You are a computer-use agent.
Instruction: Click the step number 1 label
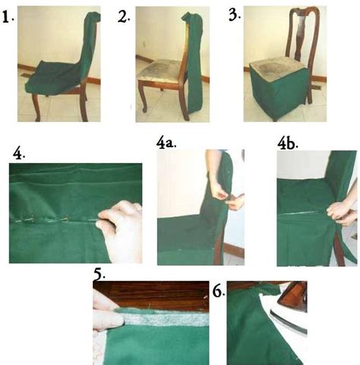point(8,18)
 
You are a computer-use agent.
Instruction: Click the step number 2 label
point(124,17)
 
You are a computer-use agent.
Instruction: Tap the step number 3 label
point(235,15)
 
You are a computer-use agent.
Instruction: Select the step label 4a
point(166,143)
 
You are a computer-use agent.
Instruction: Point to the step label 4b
point(288,144)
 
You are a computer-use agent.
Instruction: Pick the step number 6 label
point(219,291)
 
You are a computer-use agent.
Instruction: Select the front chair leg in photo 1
point(36,106)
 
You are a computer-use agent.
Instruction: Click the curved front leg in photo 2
point(143,96)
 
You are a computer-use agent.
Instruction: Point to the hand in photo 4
point(122,230)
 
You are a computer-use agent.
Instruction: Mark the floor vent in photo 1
point(26,75)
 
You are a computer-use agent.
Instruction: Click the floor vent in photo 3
point(317,87)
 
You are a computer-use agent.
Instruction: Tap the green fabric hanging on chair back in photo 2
point(194,63)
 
